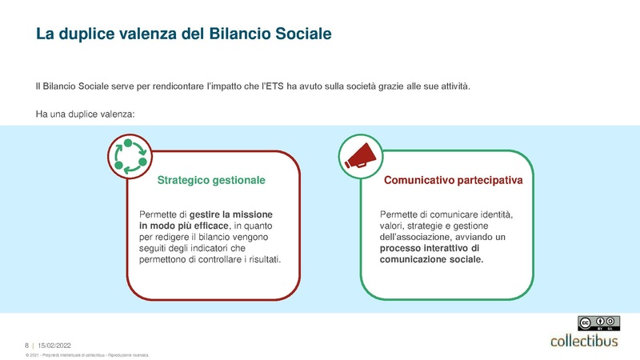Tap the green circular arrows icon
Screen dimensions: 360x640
tap(130, 155)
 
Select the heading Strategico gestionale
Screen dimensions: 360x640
tap(211, 182)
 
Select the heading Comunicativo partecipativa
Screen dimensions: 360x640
tap(454, 182)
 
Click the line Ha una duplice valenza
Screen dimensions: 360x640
tap(86, 114)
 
